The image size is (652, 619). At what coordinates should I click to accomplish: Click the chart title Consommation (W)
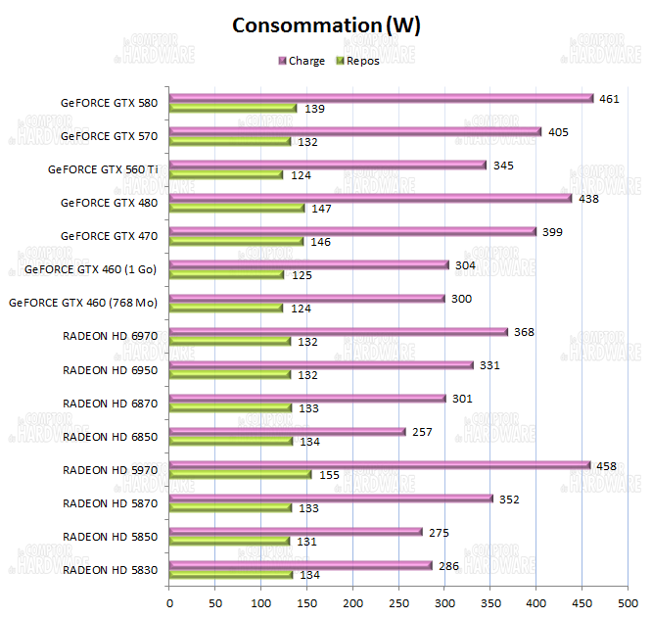(x=326, y=25)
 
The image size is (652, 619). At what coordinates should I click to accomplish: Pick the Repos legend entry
(x=357, y=61)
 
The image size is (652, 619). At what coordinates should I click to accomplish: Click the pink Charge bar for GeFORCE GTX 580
(x=382, y=98)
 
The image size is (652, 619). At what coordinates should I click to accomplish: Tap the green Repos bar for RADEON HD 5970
(x=241, y=474)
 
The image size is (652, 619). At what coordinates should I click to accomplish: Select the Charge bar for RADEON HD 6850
(x=288, y=431)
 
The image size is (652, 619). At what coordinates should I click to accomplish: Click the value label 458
(x=607, y=465)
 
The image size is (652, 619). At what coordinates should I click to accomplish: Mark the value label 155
(x=329, y=475)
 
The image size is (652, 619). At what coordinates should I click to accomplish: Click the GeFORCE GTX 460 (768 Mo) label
(x=97, y=302)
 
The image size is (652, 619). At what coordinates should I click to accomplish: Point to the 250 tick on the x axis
(x=399, y=602)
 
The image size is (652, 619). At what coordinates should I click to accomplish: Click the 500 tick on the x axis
(x=628, y=602)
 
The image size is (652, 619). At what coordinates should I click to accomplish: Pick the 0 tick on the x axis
(x=170, y=602)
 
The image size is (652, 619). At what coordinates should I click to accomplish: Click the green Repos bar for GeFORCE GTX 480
(x=238, y=208)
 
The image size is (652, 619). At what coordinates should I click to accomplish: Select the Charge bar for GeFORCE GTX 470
(x=353, y=231)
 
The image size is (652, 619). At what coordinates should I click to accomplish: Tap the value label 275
(x=438, y=532)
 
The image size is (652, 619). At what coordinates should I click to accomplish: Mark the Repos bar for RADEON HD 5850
(x=230, y=541)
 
